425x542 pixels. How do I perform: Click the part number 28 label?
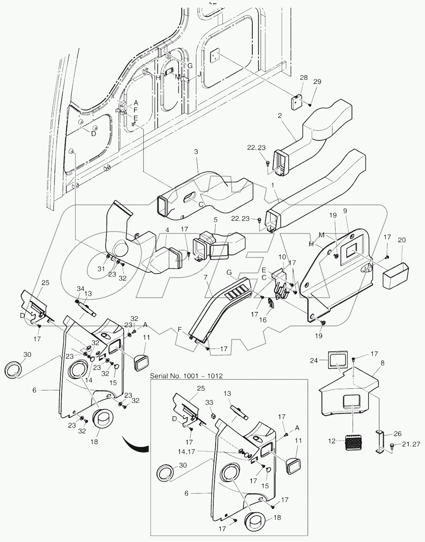304,78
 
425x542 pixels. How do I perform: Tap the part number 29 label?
317,82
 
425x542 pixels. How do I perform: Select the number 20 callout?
402,240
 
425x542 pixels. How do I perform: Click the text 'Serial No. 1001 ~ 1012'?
186,376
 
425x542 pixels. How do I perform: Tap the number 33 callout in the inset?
209,402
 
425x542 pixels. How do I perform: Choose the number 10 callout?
282,256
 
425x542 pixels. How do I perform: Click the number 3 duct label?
196,152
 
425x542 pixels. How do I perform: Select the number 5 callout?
215,219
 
